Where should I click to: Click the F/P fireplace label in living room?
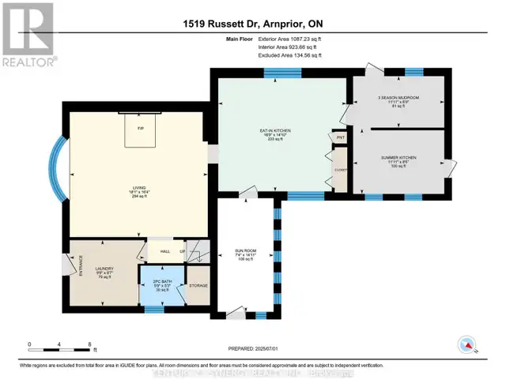coord(140,129)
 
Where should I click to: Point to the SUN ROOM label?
coord(245,252)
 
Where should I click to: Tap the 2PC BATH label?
coord(161,283)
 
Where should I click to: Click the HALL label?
coord(165,251)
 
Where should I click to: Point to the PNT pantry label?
coord(341,137)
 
